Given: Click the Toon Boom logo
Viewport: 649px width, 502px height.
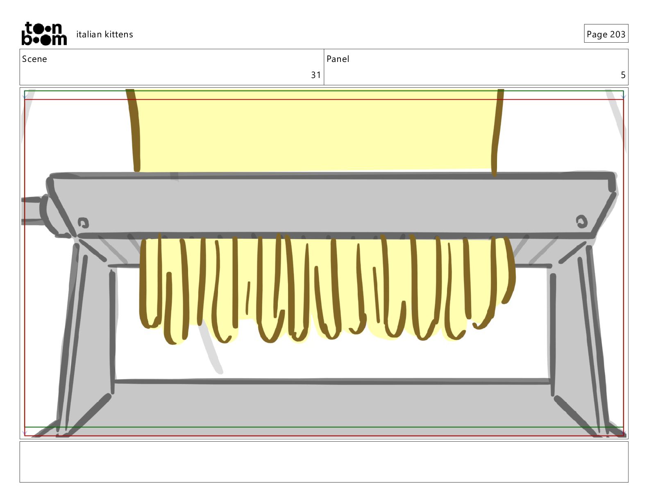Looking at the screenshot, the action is click(x=44, y=34).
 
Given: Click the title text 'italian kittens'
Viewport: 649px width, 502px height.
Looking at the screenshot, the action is click(x=104, y=34).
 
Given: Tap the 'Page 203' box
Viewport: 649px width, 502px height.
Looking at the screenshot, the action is click(x=606, y=34).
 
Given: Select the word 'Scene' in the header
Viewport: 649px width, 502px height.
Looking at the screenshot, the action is click(x=34, y=59).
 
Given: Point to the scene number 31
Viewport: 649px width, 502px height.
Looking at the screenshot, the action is click(x=315, y=75).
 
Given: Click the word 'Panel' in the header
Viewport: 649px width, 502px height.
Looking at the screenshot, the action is click(x=338, y=59).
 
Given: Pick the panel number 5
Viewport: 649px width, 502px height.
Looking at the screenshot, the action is click(x=623, y=75).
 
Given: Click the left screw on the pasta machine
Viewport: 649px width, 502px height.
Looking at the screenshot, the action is click(x=83, y=223).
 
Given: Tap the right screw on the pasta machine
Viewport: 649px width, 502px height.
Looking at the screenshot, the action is click(x=581, y=221).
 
